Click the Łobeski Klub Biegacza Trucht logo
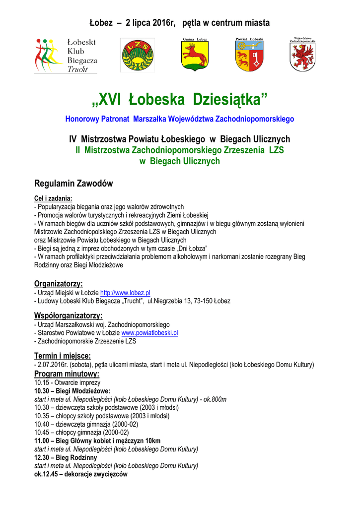tap(66, 55)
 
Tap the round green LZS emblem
tap(137, 55)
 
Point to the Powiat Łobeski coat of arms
tap(249, 55)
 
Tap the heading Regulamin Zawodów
tap(73, 184)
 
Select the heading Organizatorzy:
tap(58, 284)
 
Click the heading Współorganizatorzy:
tap(68, 316)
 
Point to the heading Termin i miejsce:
tap(62, 356)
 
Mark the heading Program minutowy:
tap(67, 374)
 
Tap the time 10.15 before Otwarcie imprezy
tap(42, 382)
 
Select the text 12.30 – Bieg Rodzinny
tap(66, 457)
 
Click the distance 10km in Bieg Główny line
tap(152, 441)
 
